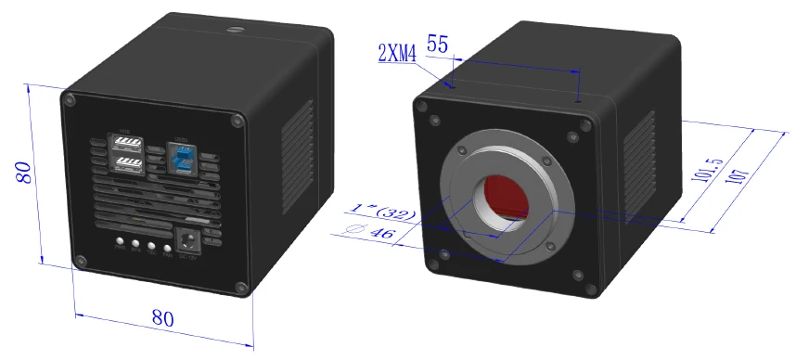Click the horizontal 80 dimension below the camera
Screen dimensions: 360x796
162,317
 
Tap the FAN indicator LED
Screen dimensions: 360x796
167,246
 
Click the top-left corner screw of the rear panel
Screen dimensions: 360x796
69,96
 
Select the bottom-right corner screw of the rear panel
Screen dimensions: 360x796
244,289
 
